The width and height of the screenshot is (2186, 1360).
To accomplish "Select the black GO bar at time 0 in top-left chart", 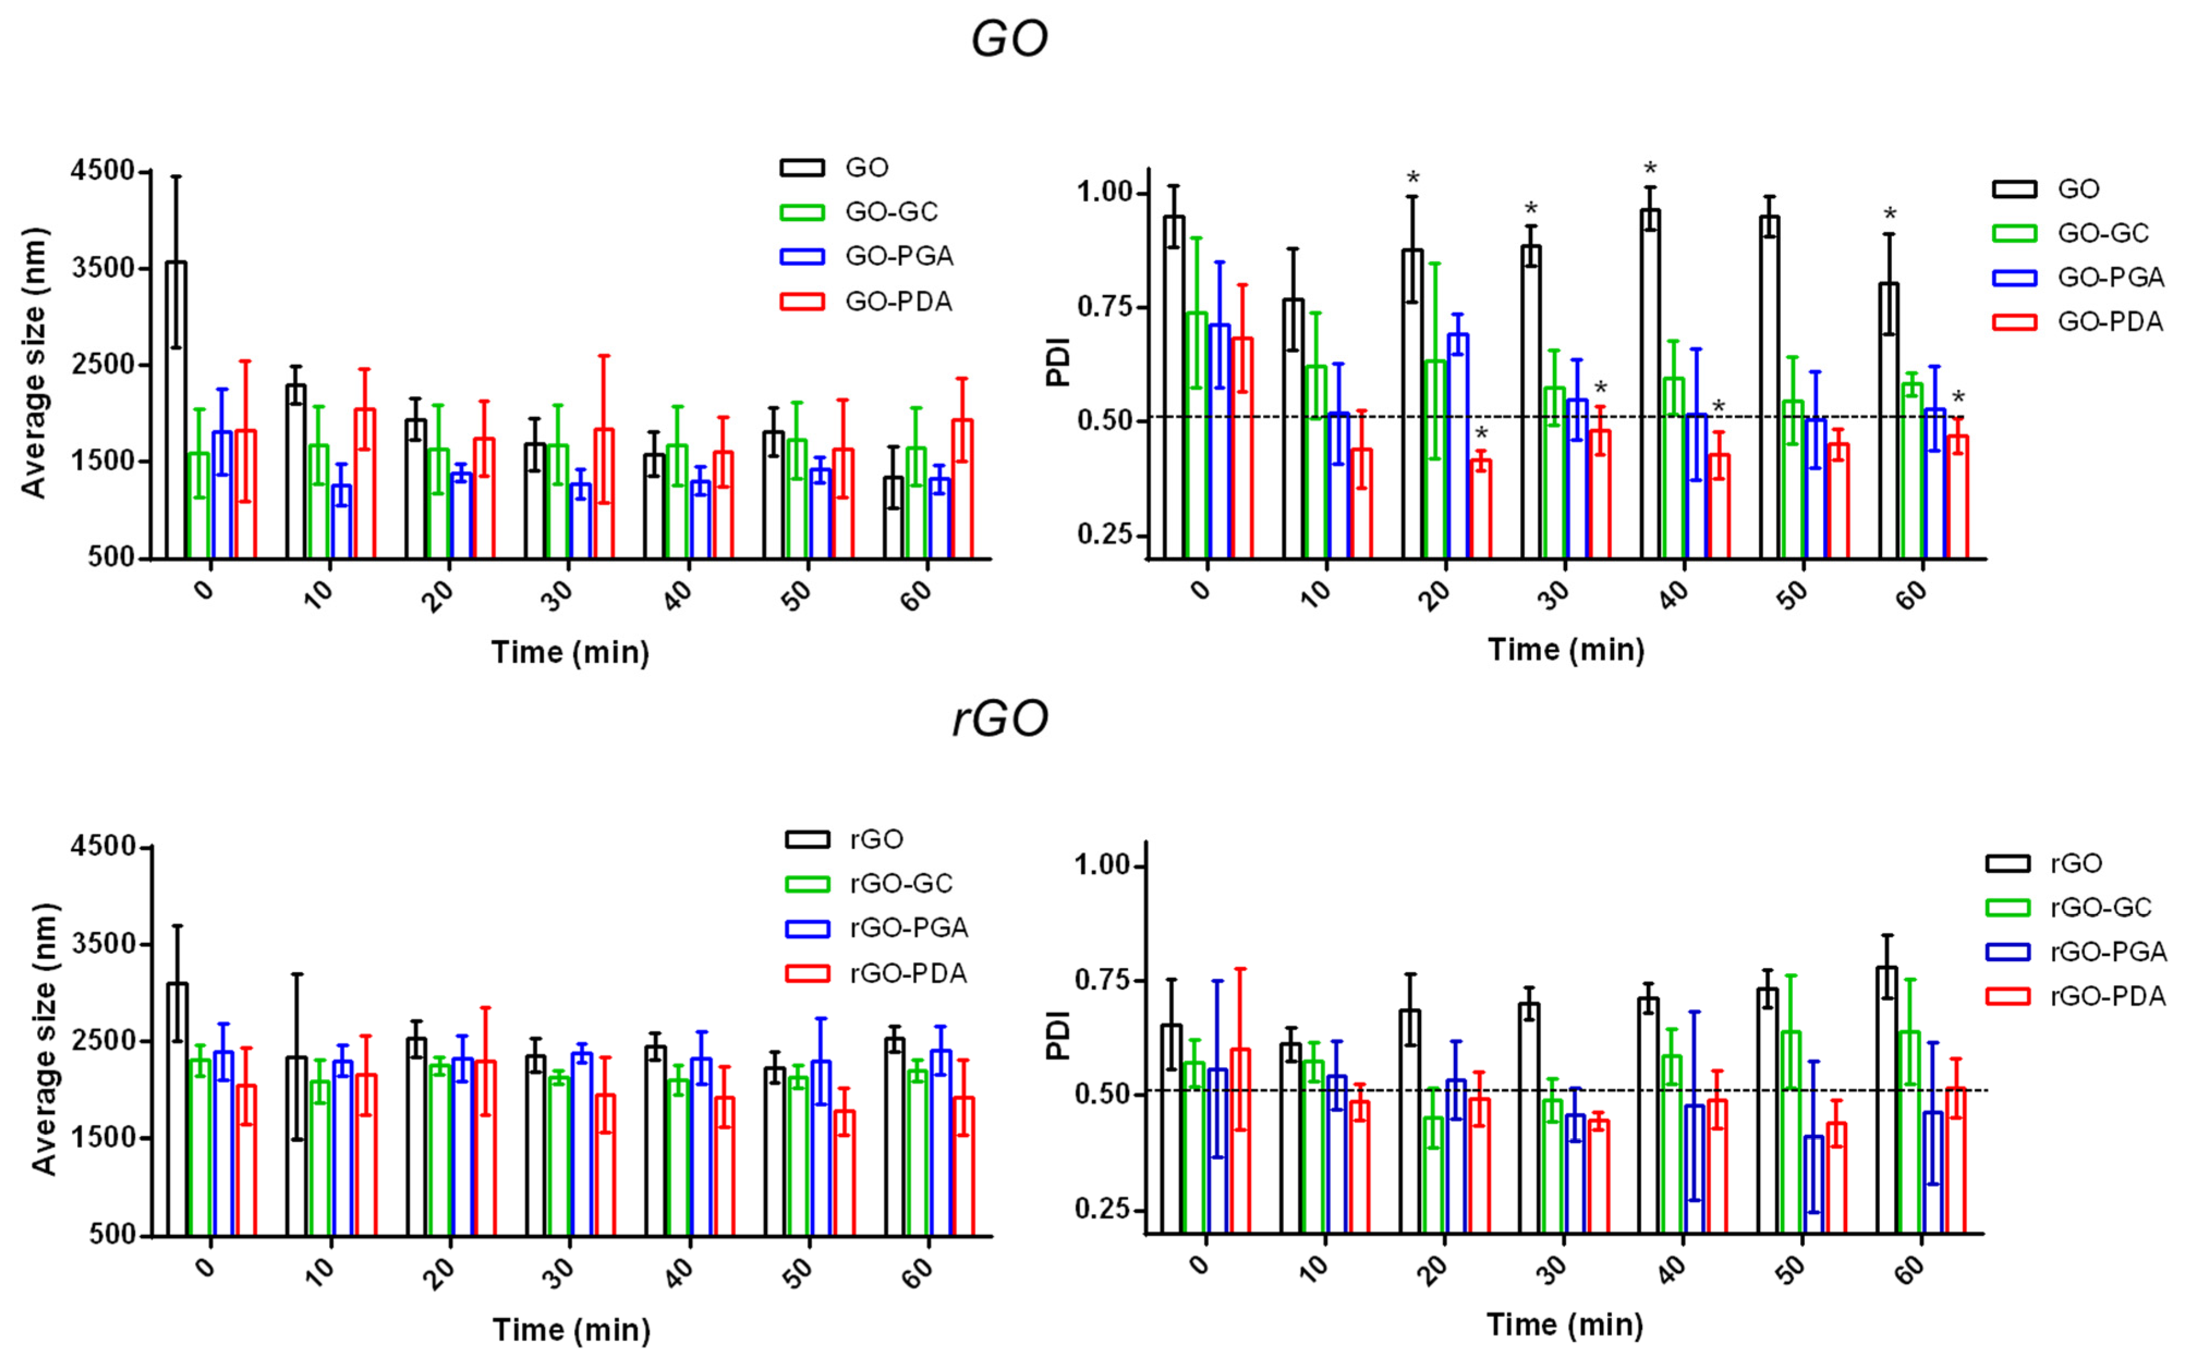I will [x=176, y=409].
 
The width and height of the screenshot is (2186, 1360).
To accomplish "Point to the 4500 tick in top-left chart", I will [x=102, y=171].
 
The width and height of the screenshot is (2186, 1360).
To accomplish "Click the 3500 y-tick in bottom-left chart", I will [x=102, y=943].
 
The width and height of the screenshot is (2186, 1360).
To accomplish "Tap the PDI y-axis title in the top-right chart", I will [x=1059, y=362].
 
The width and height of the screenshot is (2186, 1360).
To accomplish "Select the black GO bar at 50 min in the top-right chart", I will [x=1769, y=387].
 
